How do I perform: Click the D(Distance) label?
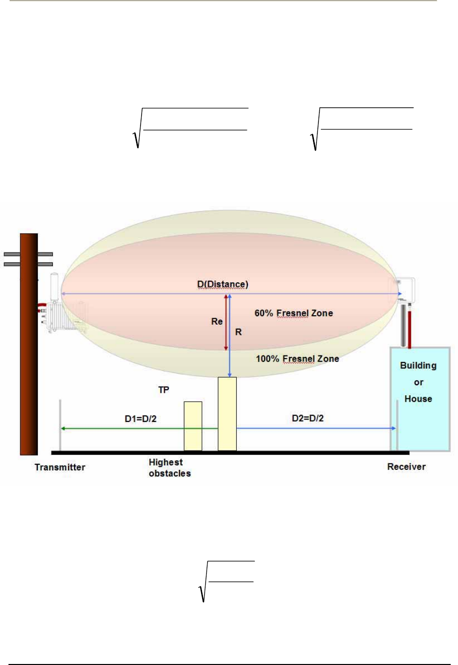point(223,284)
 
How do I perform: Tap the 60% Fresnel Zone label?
point(293,313)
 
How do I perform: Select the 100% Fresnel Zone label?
point(297,358)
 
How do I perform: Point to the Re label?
point(217,322)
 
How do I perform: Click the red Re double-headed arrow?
point(226,323)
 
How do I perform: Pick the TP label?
point(163,390)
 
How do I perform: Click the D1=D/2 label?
point(141,418)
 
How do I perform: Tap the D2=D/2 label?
point(307,418)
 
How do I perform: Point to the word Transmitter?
point(60,467)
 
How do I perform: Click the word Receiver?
point(406,467)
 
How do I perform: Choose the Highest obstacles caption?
point(169,468)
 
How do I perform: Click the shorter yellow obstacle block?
point(193,426)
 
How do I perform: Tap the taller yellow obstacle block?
point(227,413)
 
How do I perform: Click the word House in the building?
point(418,399)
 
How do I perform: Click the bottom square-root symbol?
point(203,590)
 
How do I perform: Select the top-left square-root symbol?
point(137,136)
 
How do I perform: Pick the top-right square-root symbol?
point(315,136)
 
